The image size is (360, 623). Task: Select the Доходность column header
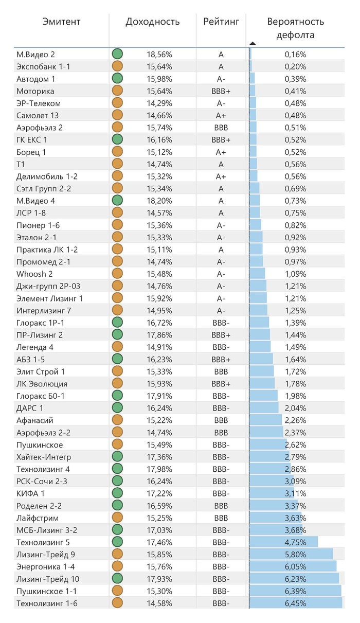153,22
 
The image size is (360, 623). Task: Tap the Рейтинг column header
221,22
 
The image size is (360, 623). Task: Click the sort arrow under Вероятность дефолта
252,43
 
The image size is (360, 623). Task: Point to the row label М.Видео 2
35,54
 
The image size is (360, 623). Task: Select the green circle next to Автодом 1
117,78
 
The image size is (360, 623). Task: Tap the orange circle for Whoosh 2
117,274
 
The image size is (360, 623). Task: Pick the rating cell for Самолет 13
221,115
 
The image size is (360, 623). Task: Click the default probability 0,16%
295,54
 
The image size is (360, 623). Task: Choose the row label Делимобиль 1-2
47,176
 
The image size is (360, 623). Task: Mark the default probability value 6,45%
295,603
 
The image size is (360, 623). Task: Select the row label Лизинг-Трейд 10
48,579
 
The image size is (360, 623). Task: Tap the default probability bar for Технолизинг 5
283,542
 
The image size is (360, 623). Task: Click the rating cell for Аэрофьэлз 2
221,127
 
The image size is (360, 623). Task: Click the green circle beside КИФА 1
117,493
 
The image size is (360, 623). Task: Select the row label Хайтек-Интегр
44,457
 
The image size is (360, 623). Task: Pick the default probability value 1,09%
295,274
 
